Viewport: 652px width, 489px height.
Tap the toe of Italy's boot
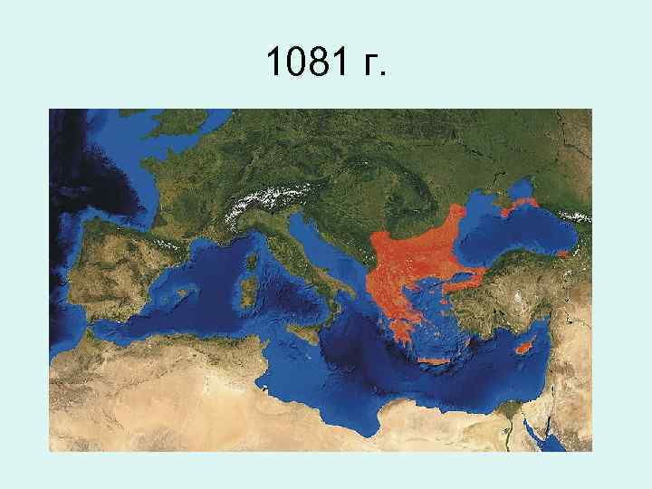click(336, 317)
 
